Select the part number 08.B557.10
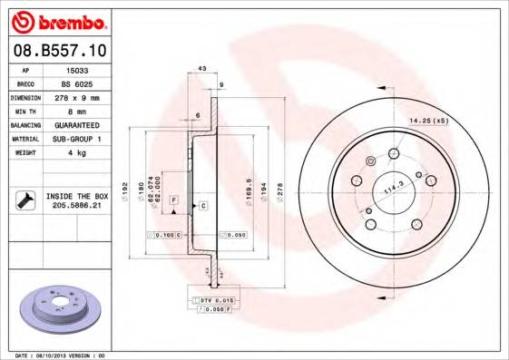(62, 51)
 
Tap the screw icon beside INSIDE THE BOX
(24, 199)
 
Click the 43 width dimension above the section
(202, 69)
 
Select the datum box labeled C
(203, 206)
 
